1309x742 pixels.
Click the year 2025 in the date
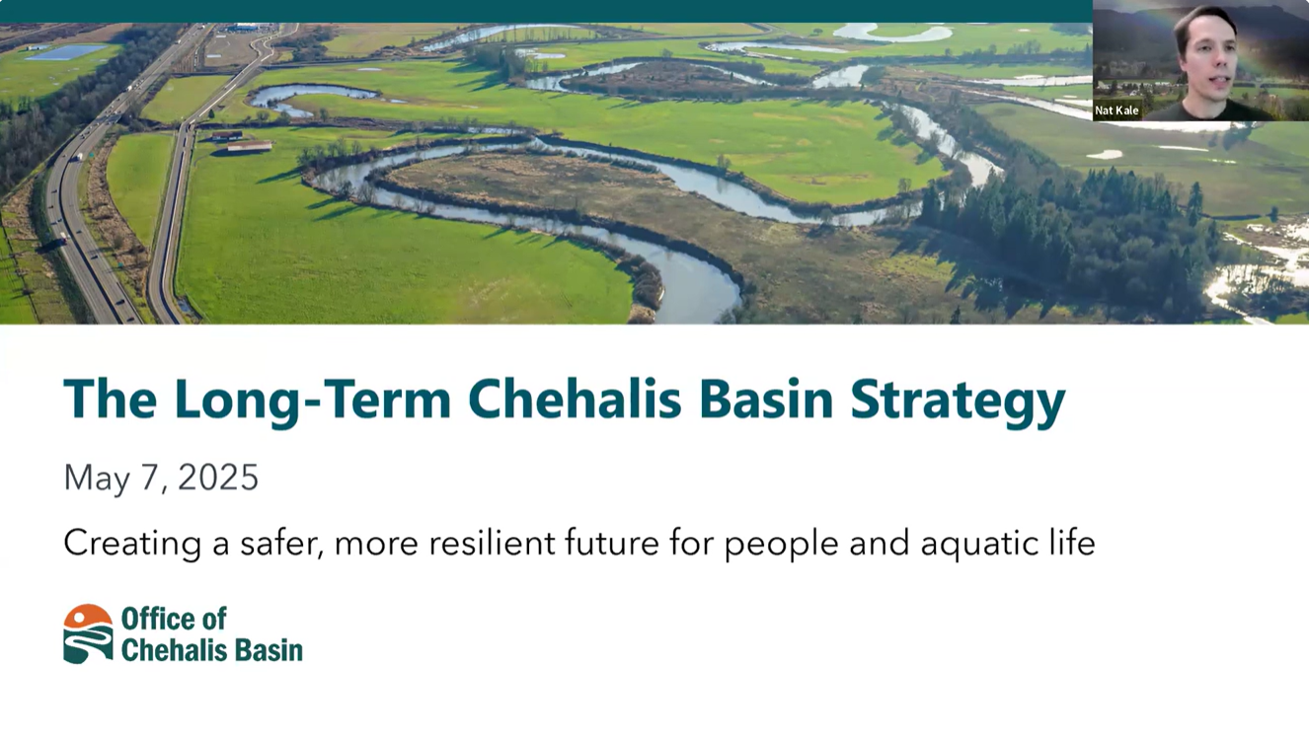[218, 478]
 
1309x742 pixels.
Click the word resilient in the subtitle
[492, 542]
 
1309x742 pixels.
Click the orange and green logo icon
[88, 633]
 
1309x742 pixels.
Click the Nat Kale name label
[1116, 111]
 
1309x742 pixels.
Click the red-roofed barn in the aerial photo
[250, 145]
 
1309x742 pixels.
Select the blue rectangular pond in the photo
[66, 52]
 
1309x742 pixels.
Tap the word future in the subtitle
[612, 542]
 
